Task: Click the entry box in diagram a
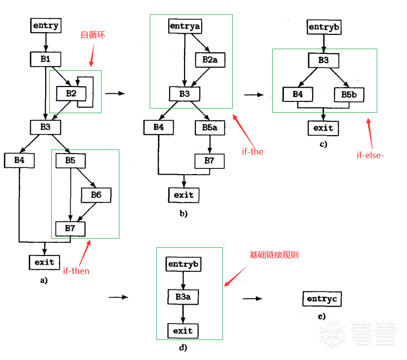(46, 25)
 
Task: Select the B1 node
(46, 59)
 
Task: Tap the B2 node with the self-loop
(71, 93)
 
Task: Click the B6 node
(96, 195)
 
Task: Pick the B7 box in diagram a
(70, 227)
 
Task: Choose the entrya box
(185, 26)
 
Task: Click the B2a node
(210, 59)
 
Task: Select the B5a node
(210, 127)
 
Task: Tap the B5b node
(349, 94)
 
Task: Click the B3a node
(183, 297)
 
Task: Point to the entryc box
(322, 298)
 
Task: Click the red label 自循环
(93, 35)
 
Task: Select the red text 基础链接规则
(274, 255)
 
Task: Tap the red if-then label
(76, 271)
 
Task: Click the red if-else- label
(370, 155)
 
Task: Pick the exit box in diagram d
(183, 330)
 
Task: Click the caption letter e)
(321, 316)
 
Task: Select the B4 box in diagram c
(298, 94)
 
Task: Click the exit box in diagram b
(184, 195)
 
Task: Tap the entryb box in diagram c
(323, 26)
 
